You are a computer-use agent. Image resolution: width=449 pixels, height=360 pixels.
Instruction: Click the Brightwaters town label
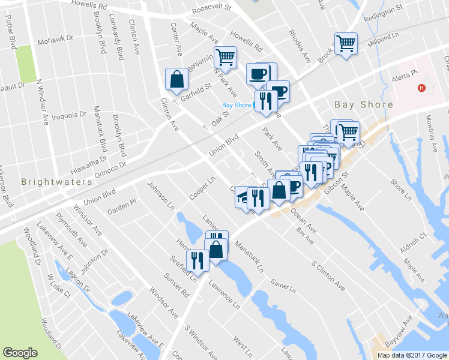pos(57,181)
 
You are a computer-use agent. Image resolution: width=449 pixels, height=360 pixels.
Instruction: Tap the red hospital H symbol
pos(421,88)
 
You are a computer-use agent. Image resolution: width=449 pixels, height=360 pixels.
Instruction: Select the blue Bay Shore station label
pos(237,105)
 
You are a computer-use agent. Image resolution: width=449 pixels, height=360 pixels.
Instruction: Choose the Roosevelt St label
pos(211,9)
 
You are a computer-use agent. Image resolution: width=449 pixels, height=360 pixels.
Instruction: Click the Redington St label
pos(383,12)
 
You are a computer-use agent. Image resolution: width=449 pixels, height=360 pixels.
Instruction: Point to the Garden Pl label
pos(122,208)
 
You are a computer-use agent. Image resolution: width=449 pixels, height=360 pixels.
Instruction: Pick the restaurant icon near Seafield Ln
pos(196,259)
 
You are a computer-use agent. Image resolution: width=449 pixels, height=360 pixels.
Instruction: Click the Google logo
pos(20,353)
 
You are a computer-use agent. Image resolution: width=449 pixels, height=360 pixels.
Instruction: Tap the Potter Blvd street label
pos(11,37)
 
